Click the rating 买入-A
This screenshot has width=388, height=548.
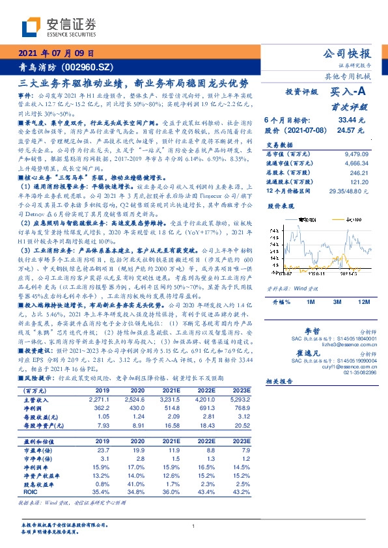[x=352, y=94]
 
